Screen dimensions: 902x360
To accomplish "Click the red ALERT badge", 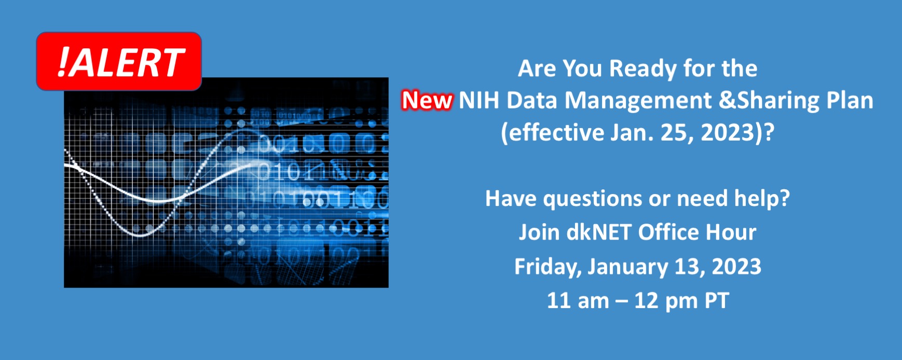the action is [x=119, y=61].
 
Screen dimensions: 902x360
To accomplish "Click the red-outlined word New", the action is [x=427, y=100].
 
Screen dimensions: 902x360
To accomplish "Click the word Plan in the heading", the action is [x=850, y=100].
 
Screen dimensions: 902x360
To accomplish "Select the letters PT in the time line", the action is [x=717, y=301].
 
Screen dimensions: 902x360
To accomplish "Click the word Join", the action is [x=539, y=232].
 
